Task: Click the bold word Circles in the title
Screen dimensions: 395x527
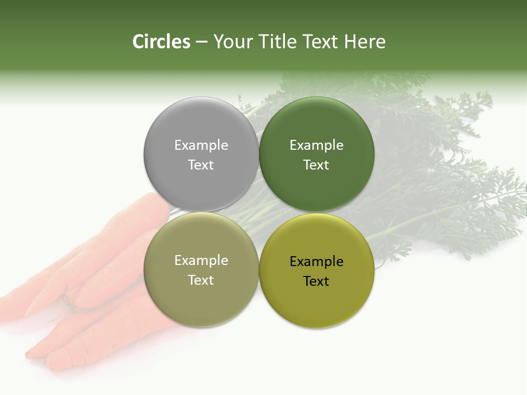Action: coord(161,42)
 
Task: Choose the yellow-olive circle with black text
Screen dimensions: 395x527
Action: coord(316,299)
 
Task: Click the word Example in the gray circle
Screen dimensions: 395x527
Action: coord(201,145)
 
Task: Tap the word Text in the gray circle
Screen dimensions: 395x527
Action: coord(201,165)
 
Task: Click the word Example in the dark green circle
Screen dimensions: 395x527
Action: coord(316,145)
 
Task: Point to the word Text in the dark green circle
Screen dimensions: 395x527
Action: coord(316,165)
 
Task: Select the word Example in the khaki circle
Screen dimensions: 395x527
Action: coord(201,260)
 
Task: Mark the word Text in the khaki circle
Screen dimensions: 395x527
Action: coord(201,280)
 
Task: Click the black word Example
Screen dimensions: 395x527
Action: coord(316,261)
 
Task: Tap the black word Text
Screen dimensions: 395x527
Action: coord(316,281)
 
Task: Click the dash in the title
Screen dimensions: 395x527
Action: coord(201,42)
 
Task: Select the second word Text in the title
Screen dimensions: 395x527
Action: coord(321,42)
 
